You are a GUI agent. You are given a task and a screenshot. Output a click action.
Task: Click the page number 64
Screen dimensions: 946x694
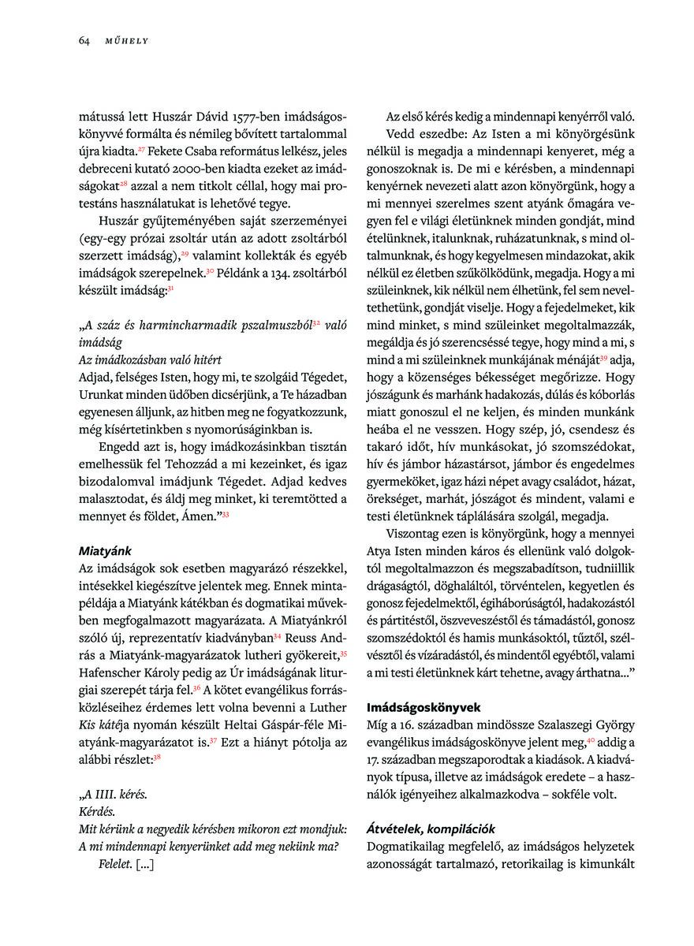point(84,41)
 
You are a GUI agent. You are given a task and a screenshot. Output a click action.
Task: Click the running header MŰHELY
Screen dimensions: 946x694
point(127,41)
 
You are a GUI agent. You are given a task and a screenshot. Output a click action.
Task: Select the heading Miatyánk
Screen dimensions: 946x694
point(106,550)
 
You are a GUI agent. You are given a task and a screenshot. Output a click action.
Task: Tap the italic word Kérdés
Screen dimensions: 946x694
point(98,810)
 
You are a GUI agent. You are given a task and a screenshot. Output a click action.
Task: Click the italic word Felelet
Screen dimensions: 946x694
point(114,864)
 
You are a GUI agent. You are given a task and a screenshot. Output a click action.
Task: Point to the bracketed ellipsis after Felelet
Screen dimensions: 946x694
point(144,864)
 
